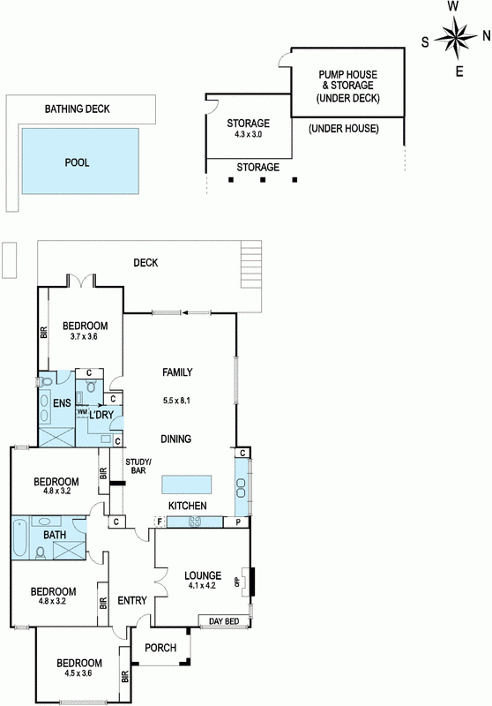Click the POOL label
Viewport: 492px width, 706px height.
[x=78, y=162]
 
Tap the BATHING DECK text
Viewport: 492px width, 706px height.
[x=77, y=109]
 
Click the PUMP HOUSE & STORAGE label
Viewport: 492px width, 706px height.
[x=348, y=79]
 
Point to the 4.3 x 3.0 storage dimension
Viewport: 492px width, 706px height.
[x=249, y=134]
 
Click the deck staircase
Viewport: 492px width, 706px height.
[x=251, y=264]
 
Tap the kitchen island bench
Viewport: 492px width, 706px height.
[x=187, y=484]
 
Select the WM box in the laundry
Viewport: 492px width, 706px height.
[x=82, y=412]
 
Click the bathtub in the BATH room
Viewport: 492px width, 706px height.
[x=20, y=538]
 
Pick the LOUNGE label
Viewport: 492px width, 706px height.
[x=203, y=575]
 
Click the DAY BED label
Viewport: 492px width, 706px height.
[x=224, y=621]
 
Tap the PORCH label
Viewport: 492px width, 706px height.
[x=160, y=648]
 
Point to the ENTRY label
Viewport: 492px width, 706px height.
[x=132, y=600]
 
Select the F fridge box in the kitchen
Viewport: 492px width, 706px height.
[x=159, y=522]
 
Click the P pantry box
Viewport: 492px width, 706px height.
[x=238, y=522]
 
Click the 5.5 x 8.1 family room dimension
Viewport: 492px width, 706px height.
[x=175, y=400]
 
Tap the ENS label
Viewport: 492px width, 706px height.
[x=62, y=402]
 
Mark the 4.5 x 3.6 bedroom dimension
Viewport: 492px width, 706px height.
[x=78, y=673]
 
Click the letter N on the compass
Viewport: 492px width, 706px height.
[x=486, y=36]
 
